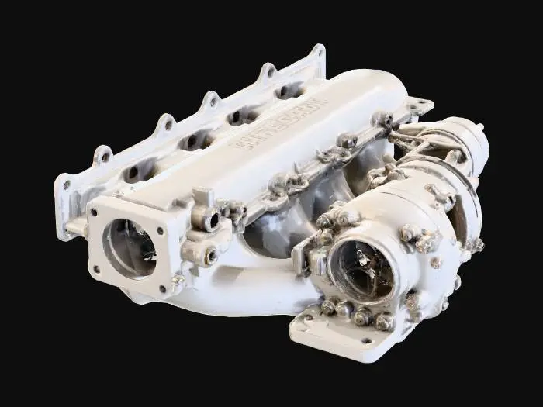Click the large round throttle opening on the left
point(127,247)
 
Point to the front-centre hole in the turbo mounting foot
point(365,340)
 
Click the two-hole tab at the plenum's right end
point(418,105)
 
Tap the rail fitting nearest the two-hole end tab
point(382,119)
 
